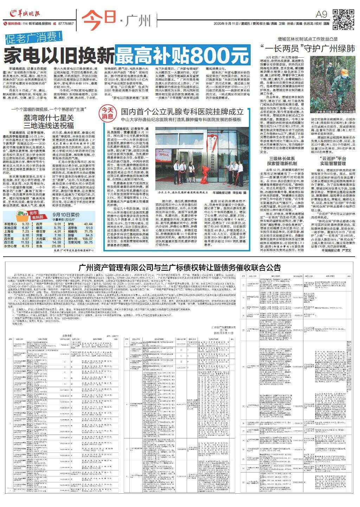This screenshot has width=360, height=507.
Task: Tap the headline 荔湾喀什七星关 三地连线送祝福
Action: click(49, 121)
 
